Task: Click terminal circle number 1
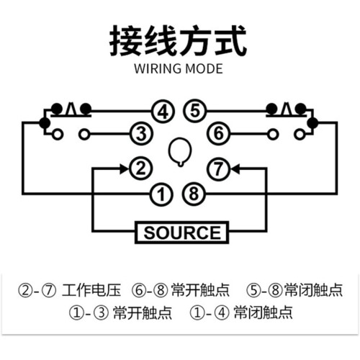tap(161, 194)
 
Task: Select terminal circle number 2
tap(141, 168)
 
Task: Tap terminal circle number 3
tap(142, 133)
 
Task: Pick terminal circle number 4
tap(163, 112)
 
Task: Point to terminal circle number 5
tap(195, 111)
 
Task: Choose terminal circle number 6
tap(218, 133)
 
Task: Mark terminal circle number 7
tap(218, 168)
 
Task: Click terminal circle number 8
tap(194, 194)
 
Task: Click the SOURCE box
tap(181, 233)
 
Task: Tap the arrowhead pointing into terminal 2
tap(125, 168)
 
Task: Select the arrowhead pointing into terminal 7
tap(235, 169)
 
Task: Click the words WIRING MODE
tap(179, 68)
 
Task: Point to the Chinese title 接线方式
tap(178, 41)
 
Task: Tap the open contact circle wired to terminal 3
tap(84, 134)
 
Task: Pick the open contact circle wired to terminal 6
tap(273, 134)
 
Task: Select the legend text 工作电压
tap(91, 290)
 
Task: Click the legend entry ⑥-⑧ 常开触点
tap(181, 290)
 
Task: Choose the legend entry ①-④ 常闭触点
tap(241, 312)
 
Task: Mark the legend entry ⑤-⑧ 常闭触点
tap(294, 290)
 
